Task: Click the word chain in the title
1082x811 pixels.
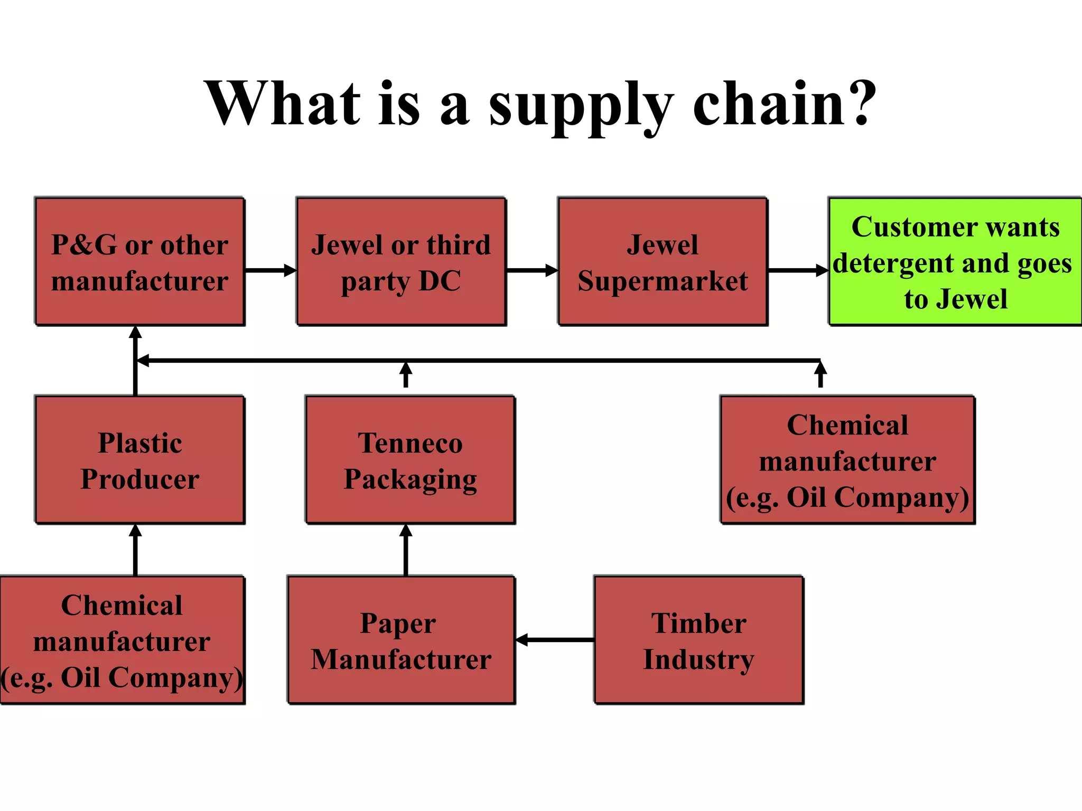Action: tap(769, 104)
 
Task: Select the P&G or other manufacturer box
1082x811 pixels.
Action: tap(139, 262)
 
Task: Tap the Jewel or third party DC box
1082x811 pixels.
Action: tap(401, 262)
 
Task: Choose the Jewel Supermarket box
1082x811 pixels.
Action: tap(663, 262)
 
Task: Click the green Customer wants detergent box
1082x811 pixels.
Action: tap(955, 262)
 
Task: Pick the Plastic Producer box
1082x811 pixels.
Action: tap(139, 460)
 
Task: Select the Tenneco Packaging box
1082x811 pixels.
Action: tap(410, 460)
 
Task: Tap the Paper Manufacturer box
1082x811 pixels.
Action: tap(401, 640)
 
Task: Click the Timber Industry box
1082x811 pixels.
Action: tap(698, 640)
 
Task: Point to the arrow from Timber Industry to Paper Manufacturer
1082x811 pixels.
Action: tap(555, 640)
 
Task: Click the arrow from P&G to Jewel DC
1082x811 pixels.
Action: tap(270, 270)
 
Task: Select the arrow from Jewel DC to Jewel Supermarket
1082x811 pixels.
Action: tap(531, 270)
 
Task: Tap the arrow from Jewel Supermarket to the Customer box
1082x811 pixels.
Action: tap(797, 270)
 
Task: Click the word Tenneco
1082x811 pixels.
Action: tap(410, 443)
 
